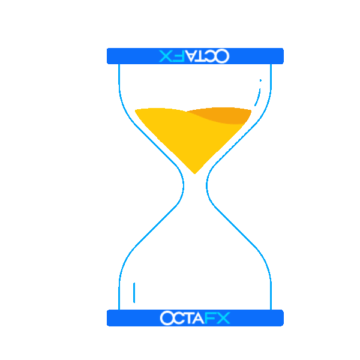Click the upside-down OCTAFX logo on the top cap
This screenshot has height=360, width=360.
(x=194, y=56)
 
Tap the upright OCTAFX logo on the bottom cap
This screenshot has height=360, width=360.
(x=194, y=318)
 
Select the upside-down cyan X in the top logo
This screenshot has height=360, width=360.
(x=166, y=56)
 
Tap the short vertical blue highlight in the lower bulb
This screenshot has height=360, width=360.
(x=134, y=292)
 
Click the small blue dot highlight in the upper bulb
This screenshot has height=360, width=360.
(x=260, y=80)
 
